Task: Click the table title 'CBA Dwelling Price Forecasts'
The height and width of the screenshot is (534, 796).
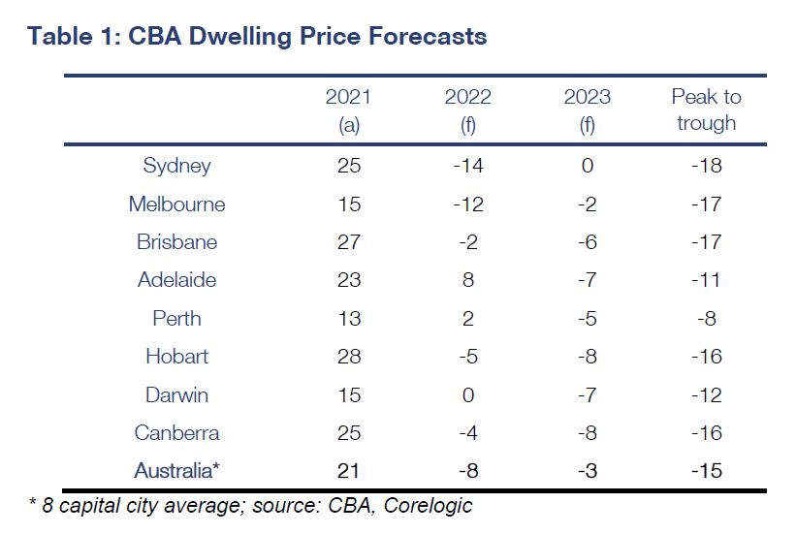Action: point(257,37)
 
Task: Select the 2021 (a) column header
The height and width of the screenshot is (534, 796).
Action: point(348,110)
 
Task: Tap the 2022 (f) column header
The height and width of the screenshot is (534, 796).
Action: point(467,110)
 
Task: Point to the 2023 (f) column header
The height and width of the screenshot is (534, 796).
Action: point(587,110)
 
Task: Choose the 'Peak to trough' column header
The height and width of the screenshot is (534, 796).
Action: point(706,110)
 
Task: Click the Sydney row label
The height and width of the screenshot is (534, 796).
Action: point(176,166)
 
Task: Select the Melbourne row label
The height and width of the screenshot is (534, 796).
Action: point(176,204)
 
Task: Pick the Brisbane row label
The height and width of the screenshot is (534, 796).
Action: point(176,242)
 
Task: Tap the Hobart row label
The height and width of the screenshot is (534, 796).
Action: point(176,357)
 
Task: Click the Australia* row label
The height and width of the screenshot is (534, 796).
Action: point(176,471)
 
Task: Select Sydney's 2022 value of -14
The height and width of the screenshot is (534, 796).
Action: point(467,166)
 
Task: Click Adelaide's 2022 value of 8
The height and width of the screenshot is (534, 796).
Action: point(467,280)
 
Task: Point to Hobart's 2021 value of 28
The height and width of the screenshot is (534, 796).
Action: point(348,357)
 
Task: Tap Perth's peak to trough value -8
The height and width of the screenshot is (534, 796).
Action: point(706,319)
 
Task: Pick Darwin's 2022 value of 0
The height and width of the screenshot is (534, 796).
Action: point(467,395)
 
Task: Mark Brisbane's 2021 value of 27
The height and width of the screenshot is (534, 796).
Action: point(348,242)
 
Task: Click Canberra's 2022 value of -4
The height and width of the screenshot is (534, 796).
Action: point(467,433)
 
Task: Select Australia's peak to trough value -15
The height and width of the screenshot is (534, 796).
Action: point(706,471)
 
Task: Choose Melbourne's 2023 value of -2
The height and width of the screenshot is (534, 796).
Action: point(587,204)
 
